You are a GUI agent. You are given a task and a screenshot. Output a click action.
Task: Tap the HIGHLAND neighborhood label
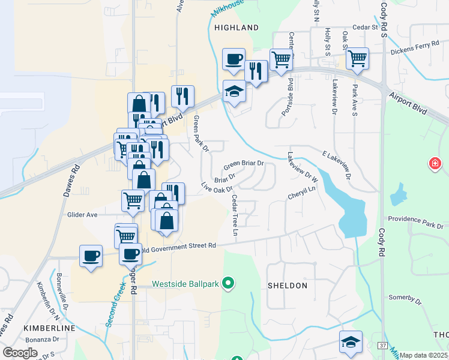pyautogui.click(x=237, y=28)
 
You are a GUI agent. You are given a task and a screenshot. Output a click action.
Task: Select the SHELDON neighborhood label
pyautogui.click(x=287, y=286)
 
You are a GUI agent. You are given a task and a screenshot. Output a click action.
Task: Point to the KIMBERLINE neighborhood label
pyautogui.click(x=49, y=328)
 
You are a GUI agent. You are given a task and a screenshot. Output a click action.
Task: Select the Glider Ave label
pyautogui.click(x=82, y=214)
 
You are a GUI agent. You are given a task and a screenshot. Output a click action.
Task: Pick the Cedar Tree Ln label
pyautogui.click(x=235, y=211)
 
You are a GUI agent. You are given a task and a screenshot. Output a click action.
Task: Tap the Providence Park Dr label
pyautogui.click(x=415, y=222)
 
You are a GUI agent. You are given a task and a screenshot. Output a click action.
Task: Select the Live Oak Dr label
pyautogui.click(x=216, y=188)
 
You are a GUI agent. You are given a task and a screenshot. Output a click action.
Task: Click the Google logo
pyautogui.click(x=19, y=352)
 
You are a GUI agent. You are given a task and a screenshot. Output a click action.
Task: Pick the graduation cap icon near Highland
pyautogui.click(x=234, y=92)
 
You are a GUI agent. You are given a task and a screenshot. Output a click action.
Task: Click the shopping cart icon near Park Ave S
pyautogui.click(x=357, y=59)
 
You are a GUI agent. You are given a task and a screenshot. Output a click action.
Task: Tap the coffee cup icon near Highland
pyautogui.click(x=234, y=59)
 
